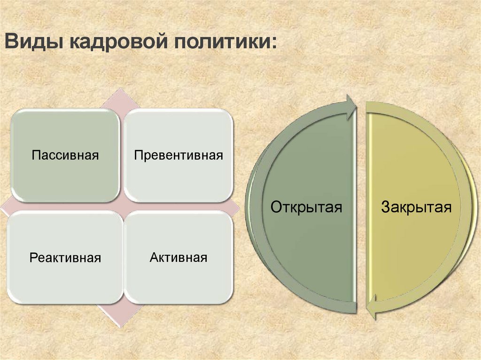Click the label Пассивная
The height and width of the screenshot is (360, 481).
point(65,155)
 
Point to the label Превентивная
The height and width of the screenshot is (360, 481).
point(178,155)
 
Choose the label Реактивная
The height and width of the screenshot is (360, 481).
point(65,258)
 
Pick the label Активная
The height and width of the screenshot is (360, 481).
point(178,258)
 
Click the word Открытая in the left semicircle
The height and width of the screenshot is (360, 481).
point(306,207)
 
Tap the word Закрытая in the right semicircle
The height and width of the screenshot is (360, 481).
point(416,207)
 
